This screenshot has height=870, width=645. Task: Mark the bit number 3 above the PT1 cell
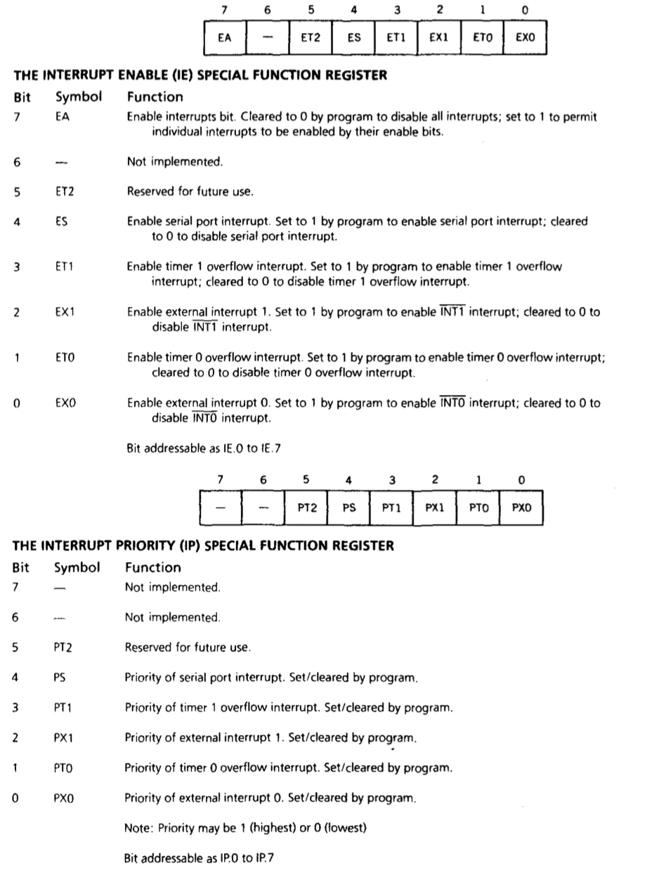coord(392,479)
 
